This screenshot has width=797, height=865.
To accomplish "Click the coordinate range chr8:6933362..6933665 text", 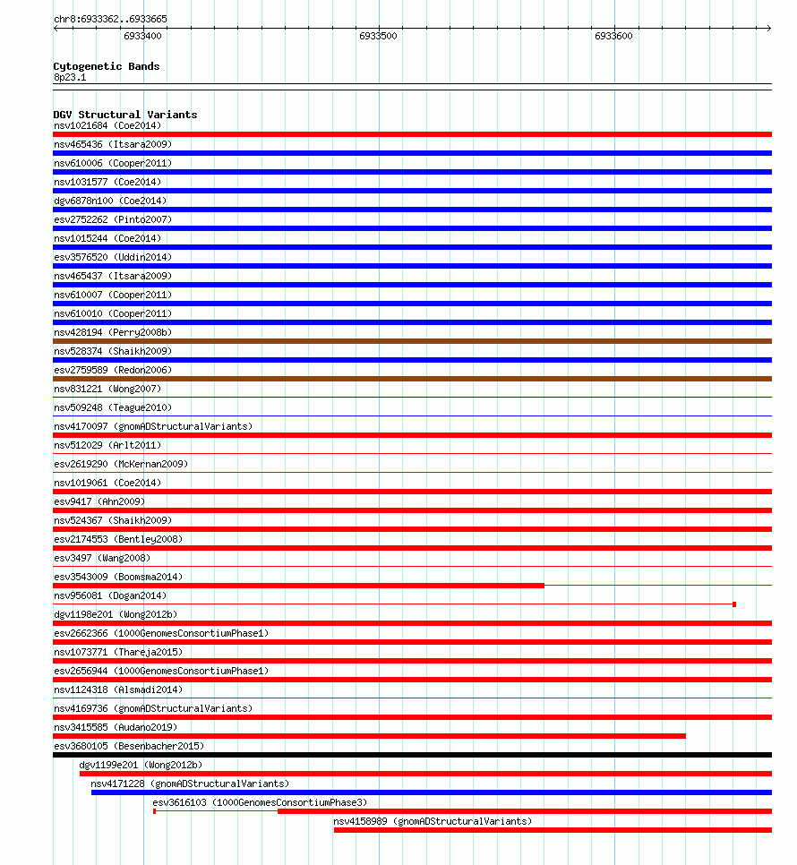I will [x=109, y=19].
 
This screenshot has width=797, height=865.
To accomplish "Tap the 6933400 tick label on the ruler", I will [x=142, y=37].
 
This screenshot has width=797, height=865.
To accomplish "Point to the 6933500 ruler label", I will [x=378, y=37].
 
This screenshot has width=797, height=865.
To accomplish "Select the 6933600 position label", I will [x=613, y=37].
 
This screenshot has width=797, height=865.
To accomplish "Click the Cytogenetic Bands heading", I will [x=106, y=66].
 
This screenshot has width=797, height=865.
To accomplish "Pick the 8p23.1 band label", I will [x=70, y=78].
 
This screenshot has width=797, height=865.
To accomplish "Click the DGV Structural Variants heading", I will [x=124, y=115].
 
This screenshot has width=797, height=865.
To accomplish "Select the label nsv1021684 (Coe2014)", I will [x=107, y=125].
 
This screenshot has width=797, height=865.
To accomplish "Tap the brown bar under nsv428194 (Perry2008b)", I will [x=412, y=341].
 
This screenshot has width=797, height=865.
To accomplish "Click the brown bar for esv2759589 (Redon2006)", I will [x=412, y=379].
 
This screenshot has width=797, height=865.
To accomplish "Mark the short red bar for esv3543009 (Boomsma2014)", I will [x=298, y=586].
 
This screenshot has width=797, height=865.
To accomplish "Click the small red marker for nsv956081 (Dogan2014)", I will [x=734, y=604].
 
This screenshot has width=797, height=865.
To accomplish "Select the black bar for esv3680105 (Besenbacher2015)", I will [x=412, y=755].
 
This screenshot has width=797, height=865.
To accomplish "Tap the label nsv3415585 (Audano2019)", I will [x=116, y=727].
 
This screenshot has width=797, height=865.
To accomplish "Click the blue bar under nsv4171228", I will [x=431, y=792].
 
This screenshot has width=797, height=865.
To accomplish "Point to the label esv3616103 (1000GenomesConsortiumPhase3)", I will [x=260, y=802].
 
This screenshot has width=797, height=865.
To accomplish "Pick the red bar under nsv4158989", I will [x=553, y=830].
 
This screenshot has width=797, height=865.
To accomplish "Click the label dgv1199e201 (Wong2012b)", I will [x=140, y=765].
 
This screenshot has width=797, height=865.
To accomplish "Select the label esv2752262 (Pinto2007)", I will [x=112, y=219].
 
